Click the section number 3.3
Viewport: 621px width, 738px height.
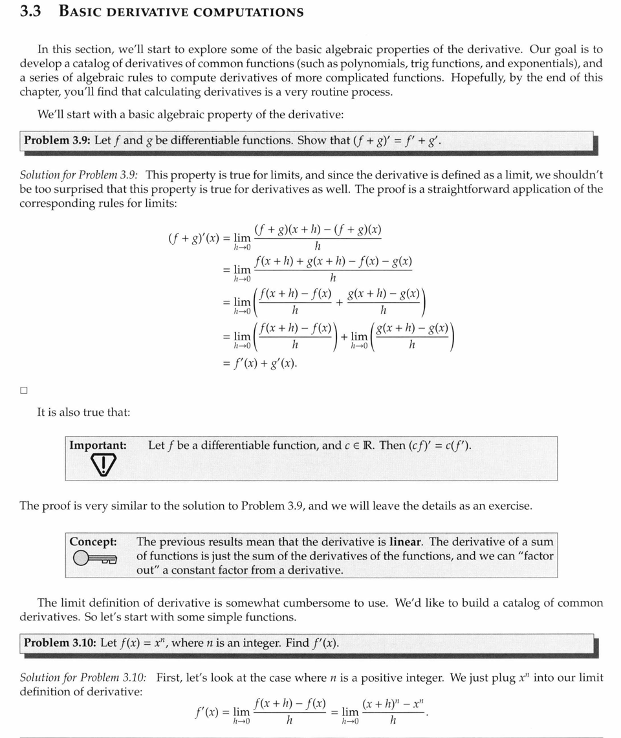click(31, 12)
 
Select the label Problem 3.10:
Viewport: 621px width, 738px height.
click(60, 643)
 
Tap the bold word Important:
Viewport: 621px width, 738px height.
click(98, 445)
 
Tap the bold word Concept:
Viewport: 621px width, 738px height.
click(93, 541)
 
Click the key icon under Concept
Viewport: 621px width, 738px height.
click(94, 559)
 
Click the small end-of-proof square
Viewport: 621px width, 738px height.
click(24, 391)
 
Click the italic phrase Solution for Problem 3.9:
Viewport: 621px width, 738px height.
click(82, 175)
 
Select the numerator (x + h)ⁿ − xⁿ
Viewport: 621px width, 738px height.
click(393, 704)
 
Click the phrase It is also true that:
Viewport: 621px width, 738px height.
click(83, 412)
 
